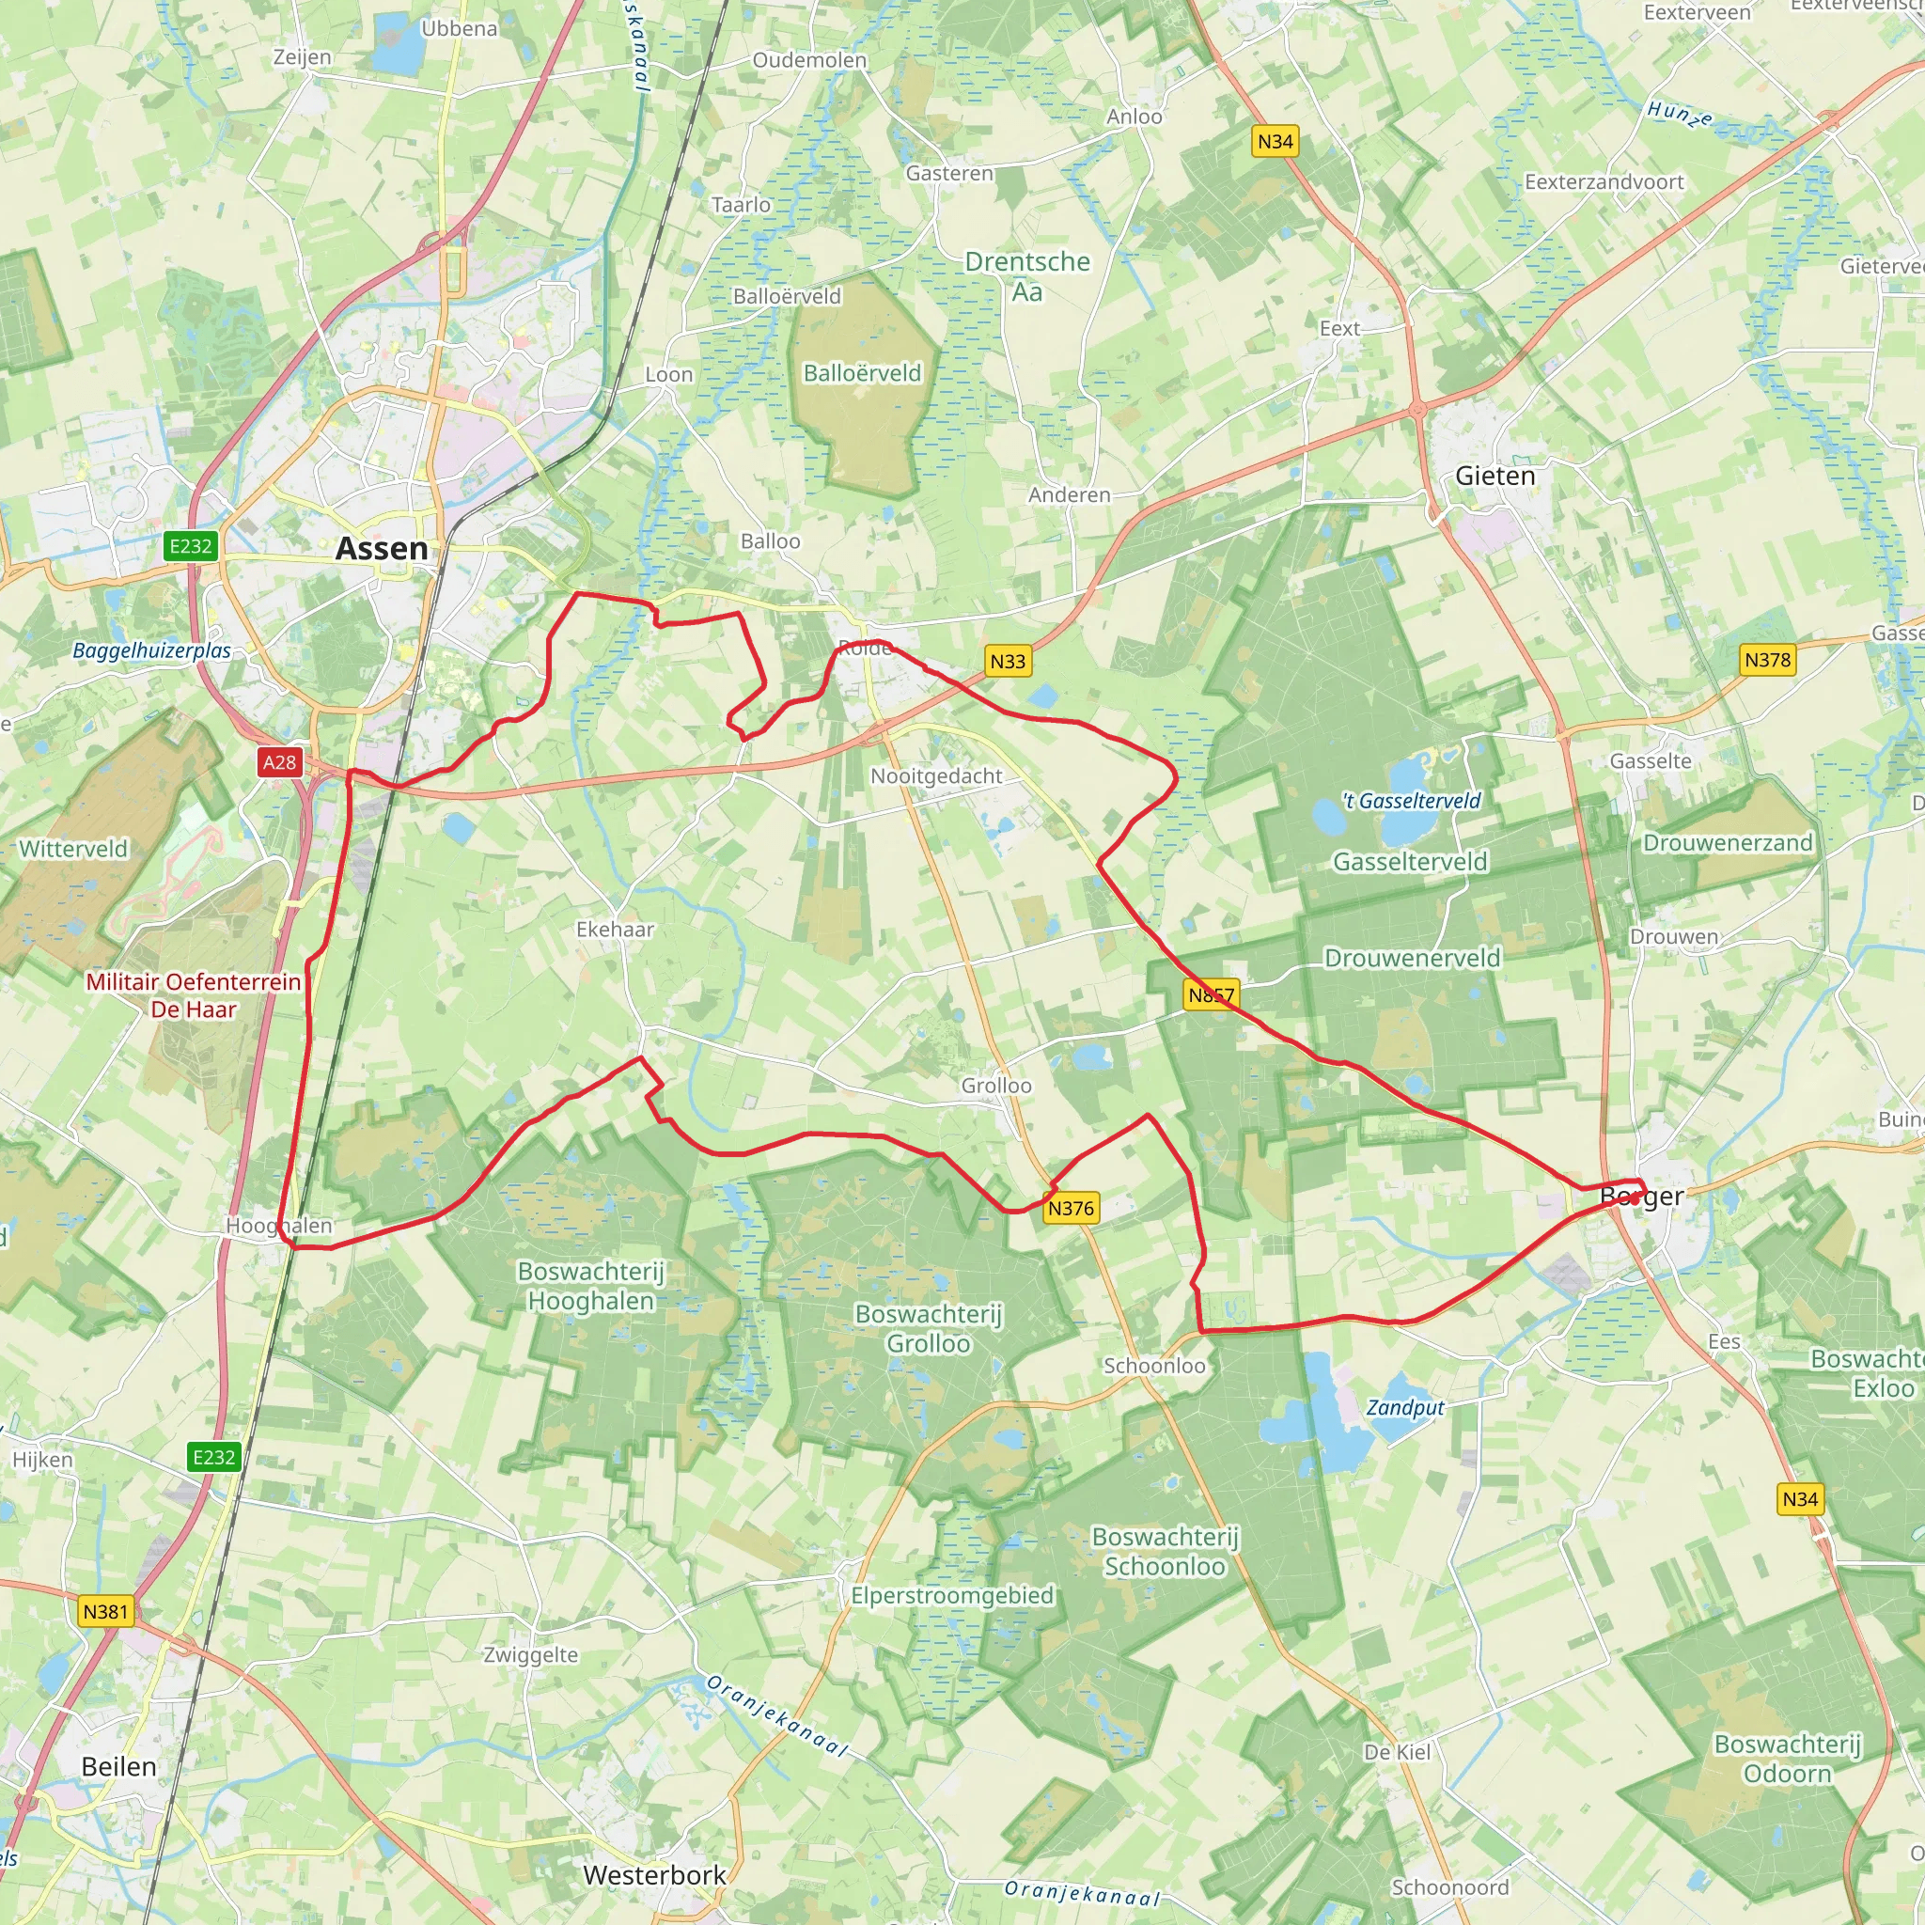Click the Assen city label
coord(382,548)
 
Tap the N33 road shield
coord(1008,661)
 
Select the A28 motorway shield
coord(279,762)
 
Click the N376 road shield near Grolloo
coord(1072,1209)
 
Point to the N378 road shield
coord(1768,660)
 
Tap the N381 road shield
coord(105,1611)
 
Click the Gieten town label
coord(1495,477)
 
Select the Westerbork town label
coord(654,1875)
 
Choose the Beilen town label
coord(118,1766)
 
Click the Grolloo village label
coord(996,1085)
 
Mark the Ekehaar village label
coord(615,929)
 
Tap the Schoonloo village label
coord(1154,1366)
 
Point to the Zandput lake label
coord(1405,1407)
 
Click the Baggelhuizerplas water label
coord(151,650)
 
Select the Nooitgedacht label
coord(936,775)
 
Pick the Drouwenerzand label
coord(1728,843)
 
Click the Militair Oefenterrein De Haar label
coord(194,995)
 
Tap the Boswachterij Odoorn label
coord(1788,1759)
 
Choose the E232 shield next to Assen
coord(190,546)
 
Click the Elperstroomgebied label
coord(951,1595)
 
